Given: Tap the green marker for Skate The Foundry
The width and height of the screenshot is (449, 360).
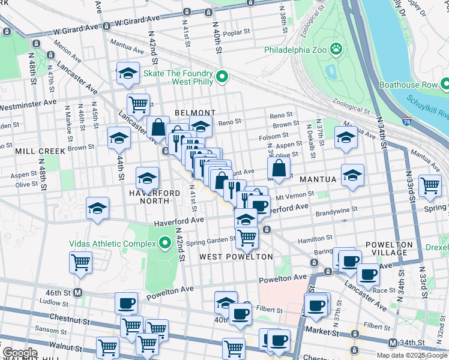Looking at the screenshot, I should pos(222,76).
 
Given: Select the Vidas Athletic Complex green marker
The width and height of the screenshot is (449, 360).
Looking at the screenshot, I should pos(166,244).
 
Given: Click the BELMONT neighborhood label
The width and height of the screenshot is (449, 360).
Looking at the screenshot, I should pos(194,113).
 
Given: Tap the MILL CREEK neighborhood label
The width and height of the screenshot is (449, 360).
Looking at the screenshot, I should pos(40,151).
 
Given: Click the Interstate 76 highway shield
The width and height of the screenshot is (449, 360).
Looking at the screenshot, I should pos(408,122).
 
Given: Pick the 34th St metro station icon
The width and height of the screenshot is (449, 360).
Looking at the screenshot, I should pos(392,343).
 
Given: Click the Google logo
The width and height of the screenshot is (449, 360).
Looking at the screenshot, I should pos(20,353).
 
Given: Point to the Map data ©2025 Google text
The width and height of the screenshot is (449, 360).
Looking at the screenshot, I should pos(412,355).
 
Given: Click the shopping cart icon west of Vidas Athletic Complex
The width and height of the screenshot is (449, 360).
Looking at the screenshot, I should pos(80,261).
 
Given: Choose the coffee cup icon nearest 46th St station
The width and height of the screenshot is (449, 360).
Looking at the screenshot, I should pos(126,303).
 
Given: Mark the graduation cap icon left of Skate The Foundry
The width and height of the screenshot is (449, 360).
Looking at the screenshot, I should pos(128,73).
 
